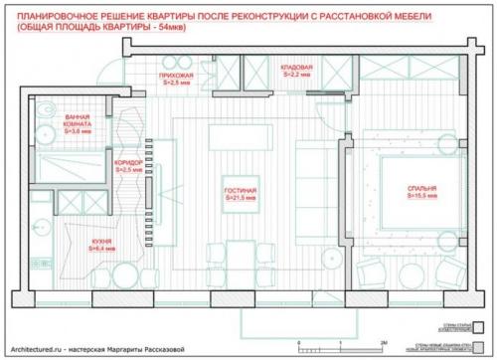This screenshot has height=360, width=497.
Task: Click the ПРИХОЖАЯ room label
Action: point(177,76)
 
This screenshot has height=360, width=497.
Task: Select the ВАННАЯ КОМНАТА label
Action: point(81,119)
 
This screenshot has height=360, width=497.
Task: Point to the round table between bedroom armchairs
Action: point(404,270)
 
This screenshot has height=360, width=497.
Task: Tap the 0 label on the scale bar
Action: point(299,343)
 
